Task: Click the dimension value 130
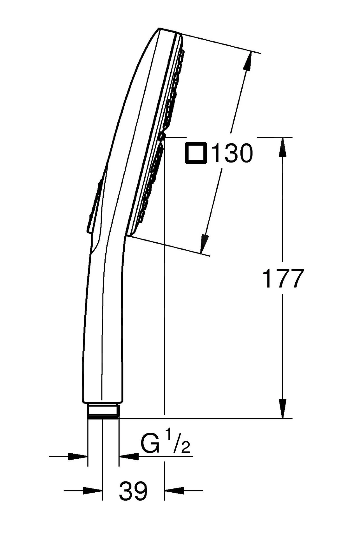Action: tap(233, 153)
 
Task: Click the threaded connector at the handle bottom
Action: tap(103, 411)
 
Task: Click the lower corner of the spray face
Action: tap(128, 235)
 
